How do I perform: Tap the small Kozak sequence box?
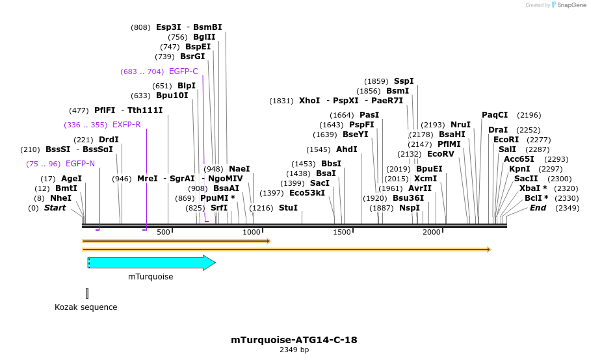point(86,293)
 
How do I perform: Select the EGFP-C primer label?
point(183,71)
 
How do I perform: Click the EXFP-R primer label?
point(126,125)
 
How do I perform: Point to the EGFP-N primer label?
point(80,164)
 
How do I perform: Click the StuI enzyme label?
point(288,208)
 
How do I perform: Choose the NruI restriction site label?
point(460,125)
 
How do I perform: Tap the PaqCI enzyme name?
point(495,115)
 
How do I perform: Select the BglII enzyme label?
point(204,37)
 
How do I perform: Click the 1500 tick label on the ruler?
point(342,232)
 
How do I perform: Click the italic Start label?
point(55,208)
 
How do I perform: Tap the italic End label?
point(538,208)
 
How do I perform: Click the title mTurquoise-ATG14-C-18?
point(294,340)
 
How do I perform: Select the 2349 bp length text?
point(294,350)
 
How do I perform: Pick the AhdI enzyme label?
point(347,149)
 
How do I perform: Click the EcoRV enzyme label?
point(441,154)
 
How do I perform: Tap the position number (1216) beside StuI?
point(261,208)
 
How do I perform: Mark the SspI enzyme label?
point(404,81)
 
